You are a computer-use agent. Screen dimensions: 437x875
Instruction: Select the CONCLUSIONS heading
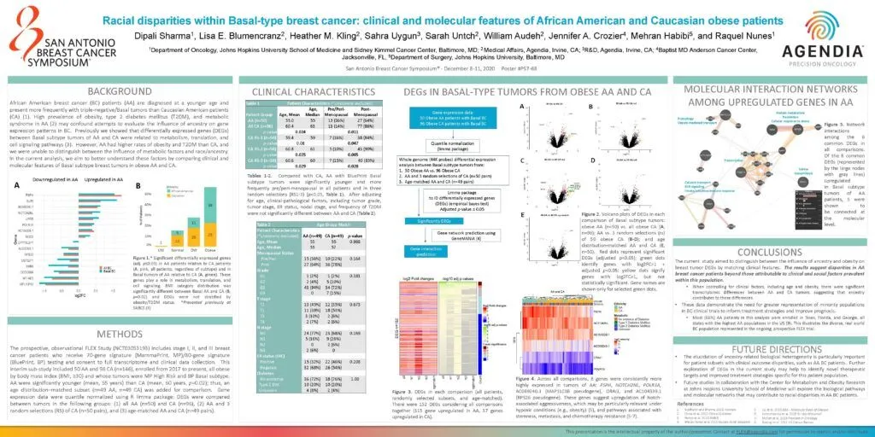(x=768, y=252)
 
